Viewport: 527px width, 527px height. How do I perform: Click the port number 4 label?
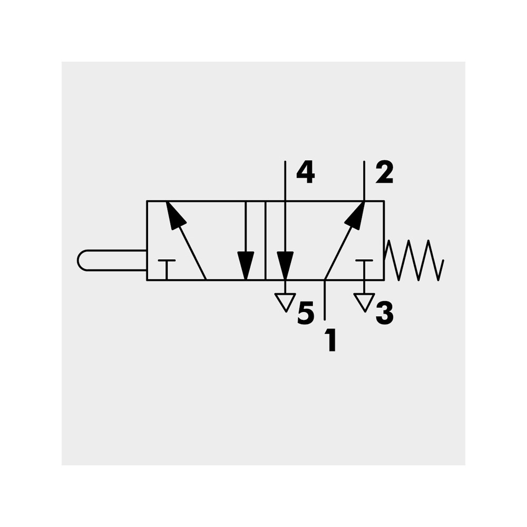click(x=306, y=172)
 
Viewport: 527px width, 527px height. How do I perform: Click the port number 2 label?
click(x=384, y=172)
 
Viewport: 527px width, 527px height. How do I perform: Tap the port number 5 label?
click(x=306, y=313)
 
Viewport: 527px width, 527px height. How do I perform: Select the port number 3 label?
click(x=385, y=313)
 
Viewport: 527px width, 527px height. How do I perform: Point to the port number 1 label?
click(x=331, y=340)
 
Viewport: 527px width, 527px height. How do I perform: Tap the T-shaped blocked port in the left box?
click(x=167, y=269)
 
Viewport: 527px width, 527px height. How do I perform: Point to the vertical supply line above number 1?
click(x=324, y=299)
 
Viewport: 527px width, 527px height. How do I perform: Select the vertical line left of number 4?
click(x=285, y=206)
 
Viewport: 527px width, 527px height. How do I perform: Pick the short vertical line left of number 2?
click(x=364, y=181)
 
